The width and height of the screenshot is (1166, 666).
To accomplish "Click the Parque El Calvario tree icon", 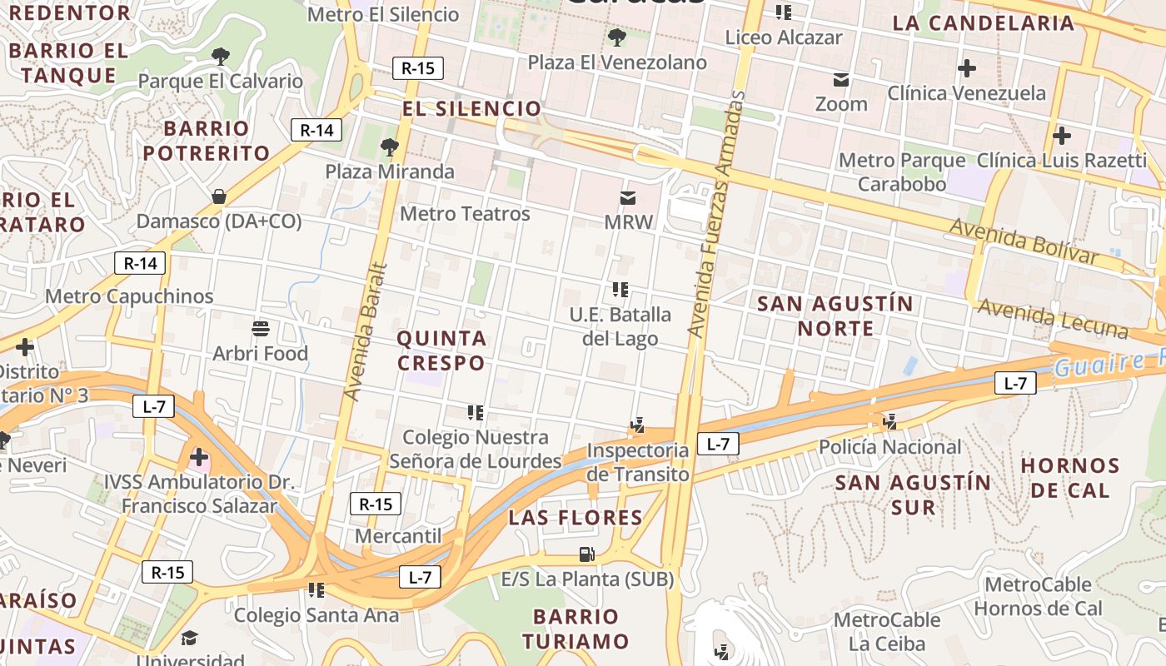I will (221, 57).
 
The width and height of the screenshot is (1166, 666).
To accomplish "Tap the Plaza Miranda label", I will (390, 171).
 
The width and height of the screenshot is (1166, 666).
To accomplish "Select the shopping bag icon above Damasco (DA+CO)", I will (218, 196).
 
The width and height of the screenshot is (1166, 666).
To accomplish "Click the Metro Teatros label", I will (465, 214).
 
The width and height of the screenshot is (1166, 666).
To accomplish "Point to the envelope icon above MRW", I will (628, 198).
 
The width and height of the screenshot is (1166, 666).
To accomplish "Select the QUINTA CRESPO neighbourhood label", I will (441, 350).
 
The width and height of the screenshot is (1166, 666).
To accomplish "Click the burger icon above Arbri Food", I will (261, 329).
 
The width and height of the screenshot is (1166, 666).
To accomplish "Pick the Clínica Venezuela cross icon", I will (966, 68).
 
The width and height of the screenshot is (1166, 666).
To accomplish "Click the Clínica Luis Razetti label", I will (1061, 160).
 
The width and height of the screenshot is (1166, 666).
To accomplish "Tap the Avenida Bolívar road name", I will (1024, 241).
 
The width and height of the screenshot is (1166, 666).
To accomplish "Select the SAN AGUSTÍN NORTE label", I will (835, 316).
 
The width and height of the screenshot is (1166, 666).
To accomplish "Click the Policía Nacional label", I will (889, 447).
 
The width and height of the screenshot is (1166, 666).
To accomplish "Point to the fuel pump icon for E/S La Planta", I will (586, 554).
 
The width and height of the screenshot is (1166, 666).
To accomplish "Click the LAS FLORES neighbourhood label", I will (576, 518).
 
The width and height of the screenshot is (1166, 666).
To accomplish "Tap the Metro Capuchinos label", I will (129, 296).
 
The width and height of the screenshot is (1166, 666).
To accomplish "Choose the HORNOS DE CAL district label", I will (1070, 477).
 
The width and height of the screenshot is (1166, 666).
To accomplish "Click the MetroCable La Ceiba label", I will (886, 632).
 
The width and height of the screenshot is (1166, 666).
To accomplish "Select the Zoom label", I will (841, 105).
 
